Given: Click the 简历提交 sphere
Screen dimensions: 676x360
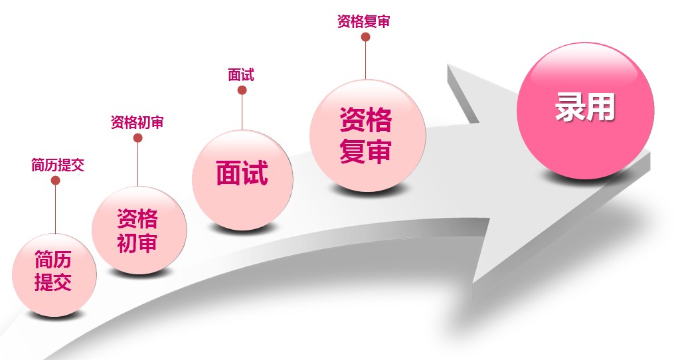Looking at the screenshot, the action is tap(54, 275).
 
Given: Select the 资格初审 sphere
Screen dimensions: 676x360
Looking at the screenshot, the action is tap(139, 230).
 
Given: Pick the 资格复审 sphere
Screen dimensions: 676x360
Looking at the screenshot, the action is tap(367, 135).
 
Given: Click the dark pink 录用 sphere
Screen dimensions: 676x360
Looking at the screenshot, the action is tap(585, 110).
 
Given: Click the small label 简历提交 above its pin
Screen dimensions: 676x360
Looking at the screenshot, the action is tap(58, 165).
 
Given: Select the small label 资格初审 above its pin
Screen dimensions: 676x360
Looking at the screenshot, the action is tap(137, 122).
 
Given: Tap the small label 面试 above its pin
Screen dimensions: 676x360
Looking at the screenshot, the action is tap(241, 75).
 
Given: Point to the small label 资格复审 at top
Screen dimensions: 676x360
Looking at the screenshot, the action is tap(363, 21).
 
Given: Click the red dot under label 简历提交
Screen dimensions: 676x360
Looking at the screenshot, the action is tap(56, 181).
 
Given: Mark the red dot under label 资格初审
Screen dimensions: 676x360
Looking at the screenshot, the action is tap(138, 138).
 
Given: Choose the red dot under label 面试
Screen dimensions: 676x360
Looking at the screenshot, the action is tap(242, 90).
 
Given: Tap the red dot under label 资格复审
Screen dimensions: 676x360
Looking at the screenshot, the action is tap(366, 37).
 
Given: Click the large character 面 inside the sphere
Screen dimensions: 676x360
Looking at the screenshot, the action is tap(229, 173).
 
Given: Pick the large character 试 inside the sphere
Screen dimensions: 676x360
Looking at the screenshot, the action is tap(255, 173).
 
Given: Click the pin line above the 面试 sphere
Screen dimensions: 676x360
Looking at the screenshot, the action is tap(242, 112).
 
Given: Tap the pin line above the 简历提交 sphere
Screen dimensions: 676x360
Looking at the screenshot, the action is tap(56, 209).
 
